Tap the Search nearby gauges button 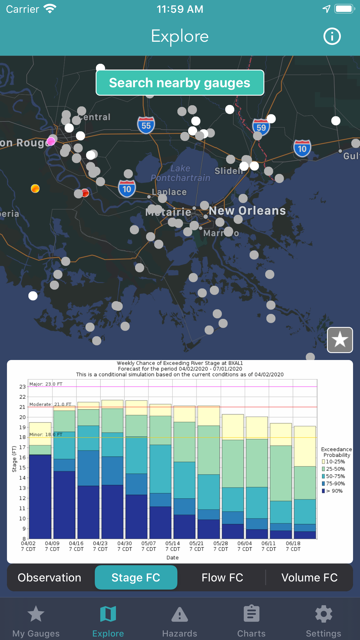coord(180,83)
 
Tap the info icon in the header coord(332,37)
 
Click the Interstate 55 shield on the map coord(146,125)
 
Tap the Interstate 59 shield coord(261,127)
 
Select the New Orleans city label coord(247,211)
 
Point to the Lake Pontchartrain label coord(180,173)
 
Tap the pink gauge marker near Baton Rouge coord(51,141)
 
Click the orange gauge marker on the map coord(35,189)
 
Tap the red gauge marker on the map coord(85,192)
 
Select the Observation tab coord(50,578)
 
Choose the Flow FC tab coord(222,578)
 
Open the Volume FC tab coord(310,578)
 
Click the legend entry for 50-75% coord(333,476)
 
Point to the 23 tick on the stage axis coord(23,387)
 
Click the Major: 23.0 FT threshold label coord(46,384)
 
